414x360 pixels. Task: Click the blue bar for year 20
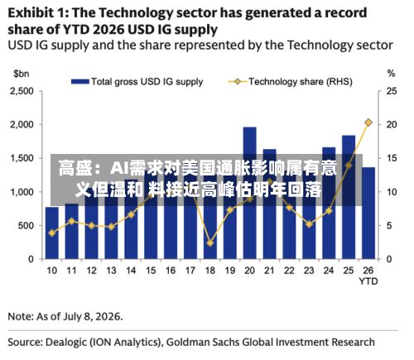click(x=249, y=193)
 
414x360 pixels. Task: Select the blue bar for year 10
click(x=52, y=233)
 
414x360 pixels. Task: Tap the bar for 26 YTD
click(x=368, y=213)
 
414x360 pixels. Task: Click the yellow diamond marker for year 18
click(x=210, y=243)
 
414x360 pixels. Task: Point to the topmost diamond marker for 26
click(x=368, y=122)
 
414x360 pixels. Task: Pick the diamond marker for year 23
click(x=309, y=224)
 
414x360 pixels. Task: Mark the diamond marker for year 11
click(x=72, y=221)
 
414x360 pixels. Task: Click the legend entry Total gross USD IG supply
click(x=137, y=82)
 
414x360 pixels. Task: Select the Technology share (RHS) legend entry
click(x=290, y=82)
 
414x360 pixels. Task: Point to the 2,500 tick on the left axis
click(x=22, y=91)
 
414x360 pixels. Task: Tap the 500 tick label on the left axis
click(x=26, y=226)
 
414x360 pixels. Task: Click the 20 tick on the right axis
click(x=392, y=125)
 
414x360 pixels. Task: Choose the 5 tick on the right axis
click(x=389, y=226)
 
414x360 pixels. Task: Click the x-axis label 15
click(x=151, y=271)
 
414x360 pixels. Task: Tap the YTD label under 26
click(x=368, y=281)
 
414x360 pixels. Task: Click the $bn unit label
click(x=22, y=74)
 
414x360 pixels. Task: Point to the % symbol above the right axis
click(x=392, y=74)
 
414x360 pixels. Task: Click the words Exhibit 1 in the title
click(x=38, y=13)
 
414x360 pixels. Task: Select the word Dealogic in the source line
click(x=66, y=342)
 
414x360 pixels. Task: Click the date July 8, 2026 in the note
click(x=92, y=316)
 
